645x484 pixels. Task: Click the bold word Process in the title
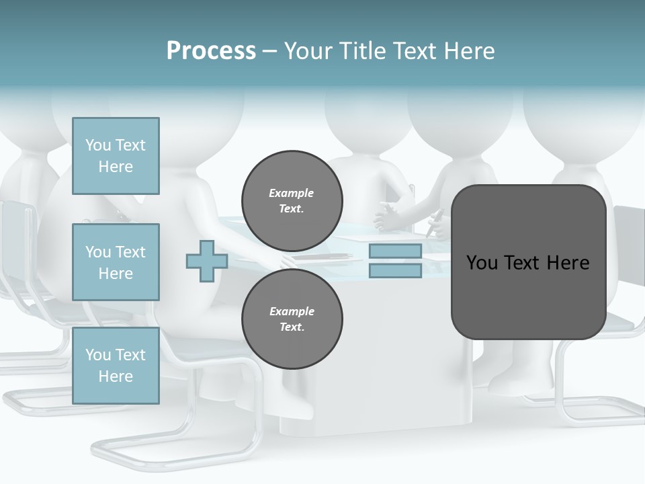point(211,51)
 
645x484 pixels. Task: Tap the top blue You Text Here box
point(116,156)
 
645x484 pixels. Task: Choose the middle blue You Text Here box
point(116,262)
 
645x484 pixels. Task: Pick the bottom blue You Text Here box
point(116,366)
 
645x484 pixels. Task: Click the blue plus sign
point(206,261)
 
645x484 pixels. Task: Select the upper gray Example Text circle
point(292,201)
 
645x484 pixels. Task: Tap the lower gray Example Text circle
point(292,319)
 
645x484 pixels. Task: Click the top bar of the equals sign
point(395,251)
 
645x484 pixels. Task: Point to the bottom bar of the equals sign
point(395,271)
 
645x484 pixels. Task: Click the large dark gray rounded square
point(528,296)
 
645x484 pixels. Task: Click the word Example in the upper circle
point(292,193)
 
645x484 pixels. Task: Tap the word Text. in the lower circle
point(292,327)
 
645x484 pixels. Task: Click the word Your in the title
point(307,51)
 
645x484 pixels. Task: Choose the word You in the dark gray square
point(481,263)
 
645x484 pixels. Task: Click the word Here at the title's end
point(470,51)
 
